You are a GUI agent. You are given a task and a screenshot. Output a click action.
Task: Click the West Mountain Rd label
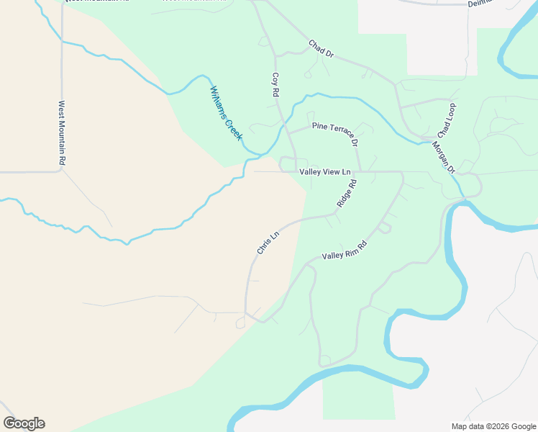pyautogui.click(x=62, y=134)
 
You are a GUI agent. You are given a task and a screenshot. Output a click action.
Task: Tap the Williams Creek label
pyautogui.click(x=225, y=113)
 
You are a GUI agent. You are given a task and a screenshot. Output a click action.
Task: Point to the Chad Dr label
pyautogui.click(x=322, y=49)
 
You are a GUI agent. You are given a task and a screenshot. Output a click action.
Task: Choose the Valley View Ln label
pyautogui.click(x=324, y=171)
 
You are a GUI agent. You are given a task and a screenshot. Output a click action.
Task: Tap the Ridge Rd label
pyautogui.click(x=347, y=194)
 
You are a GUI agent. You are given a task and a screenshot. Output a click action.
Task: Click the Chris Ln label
pyautogui.click(x=268, y=242)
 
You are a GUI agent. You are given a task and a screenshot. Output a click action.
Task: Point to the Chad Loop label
pyautogui.click(x=447, y=120)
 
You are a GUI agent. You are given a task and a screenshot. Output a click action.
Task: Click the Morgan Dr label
pyautogui.click(x=443, y=157)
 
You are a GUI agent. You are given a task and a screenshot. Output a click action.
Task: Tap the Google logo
pyautogui.click(x=24, y=423)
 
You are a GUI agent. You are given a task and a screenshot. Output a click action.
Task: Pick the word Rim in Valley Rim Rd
pyautogui.click(x=350, y=251)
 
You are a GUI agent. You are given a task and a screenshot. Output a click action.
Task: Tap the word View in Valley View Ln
pyautogui.click(x=331, y=171)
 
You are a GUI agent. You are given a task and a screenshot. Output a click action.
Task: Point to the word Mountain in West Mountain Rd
pyautogui.click(x=62, y=134)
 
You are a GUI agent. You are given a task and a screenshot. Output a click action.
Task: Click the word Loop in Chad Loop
pyautogui.click(x=450, y=112)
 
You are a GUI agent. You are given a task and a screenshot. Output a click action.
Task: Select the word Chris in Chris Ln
pyautogui.click(x=265, y=246)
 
